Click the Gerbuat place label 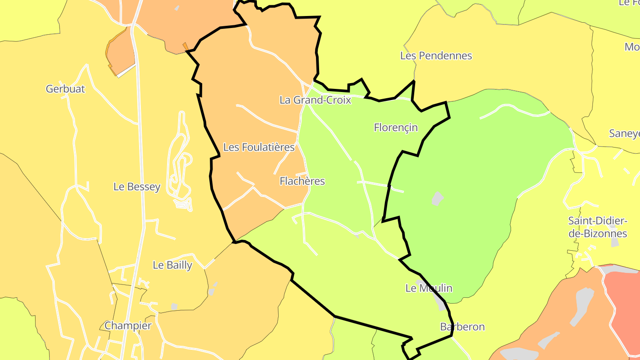click(65, 89)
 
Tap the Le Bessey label click(137, 187)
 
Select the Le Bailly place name click(172, 265)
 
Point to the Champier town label click(128, 326)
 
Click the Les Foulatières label click(259, 147)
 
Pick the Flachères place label click(302, 181)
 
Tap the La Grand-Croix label click(315, 100)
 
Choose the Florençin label click(396, 128)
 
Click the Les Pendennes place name click(436, 56)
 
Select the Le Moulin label click(428, 288)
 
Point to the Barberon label click(462, 327)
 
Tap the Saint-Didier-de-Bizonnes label click(597, 227)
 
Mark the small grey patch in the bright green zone click(437, 199)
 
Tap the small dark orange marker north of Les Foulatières click(185, 46)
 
